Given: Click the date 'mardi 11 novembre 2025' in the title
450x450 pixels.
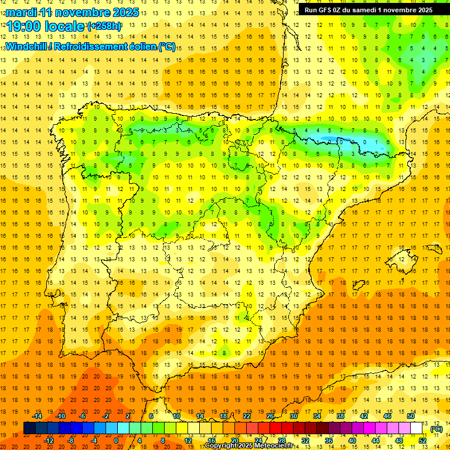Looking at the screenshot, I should (x=72, y=12).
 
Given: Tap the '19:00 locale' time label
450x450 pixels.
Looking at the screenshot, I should (x=46, y=26).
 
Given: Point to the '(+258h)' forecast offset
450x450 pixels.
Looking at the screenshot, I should (x=104, y=26).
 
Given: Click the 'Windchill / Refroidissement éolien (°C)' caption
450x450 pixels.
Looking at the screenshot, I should (x=90, y=47).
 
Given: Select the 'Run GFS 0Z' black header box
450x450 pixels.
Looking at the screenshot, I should (x=369, y=9).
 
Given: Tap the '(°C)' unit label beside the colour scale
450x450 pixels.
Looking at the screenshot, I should (x=436, y=429).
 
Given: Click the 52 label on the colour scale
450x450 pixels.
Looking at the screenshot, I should (x=422, y=441).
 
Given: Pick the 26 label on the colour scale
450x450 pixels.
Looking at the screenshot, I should (x=270, y=416).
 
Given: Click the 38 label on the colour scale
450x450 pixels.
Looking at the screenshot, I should (x=340, y=416).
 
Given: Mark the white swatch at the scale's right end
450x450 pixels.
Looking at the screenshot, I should (x=417, y=428).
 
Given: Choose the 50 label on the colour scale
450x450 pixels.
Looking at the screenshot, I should (x=411, y=416).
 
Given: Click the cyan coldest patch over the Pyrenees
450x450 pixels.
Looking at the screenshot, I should (x=340, y=140).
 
